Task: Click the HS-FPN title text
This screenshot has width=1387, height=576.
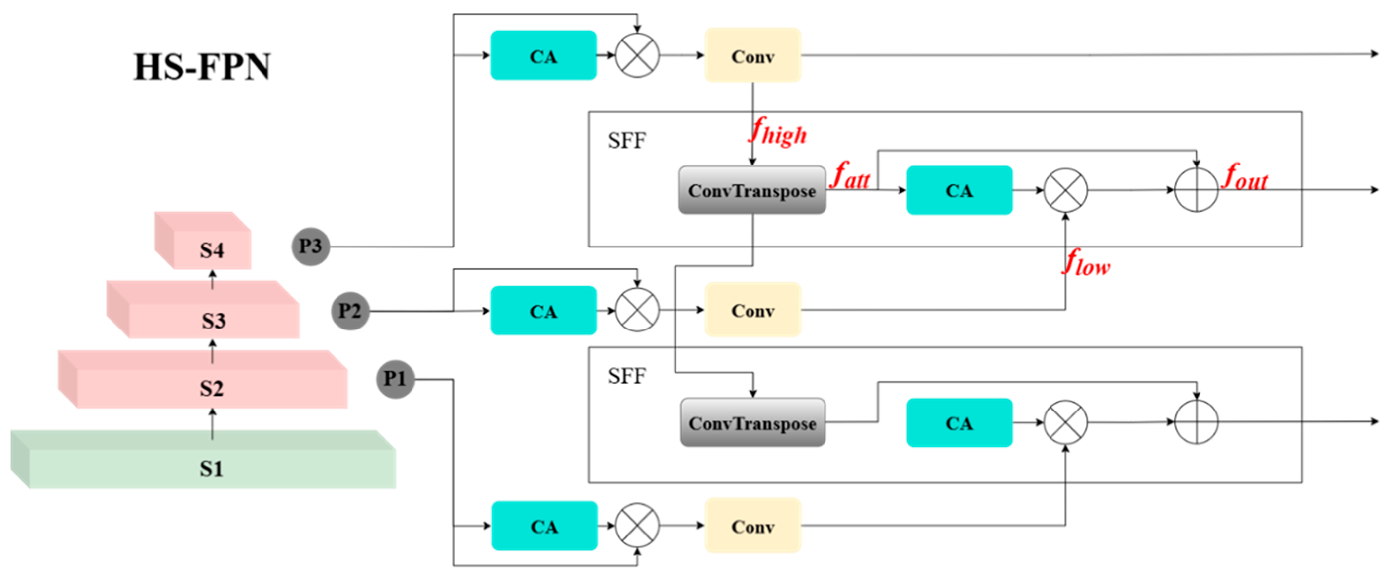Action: tap(202, 67)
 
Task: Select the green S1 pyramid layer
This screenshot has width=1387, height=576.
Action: tap(211, 468)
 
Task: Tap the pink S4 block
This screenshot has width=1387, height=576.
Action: tap(211, 249)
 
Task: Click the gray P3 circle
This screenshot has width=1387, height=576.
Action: tap(311, 246)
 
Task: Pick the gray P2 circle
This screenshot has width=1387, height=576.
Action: tap(350, 311)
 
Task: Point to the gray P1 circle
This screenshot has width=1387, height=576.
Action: tap(395, 379)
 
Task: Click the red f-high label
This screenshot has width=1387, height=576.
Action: tap(778, 132)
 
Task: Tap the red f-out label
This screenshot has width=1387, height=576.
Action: tap(1245, 177)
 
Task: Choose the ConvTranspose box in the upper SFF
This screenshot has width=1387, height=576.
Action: tap(751, 190)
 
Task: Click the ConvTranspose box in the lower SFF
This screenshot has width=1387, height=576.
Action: tap(752, 423)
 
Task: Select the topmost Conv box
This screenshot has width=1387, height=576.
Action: tap(752, 55)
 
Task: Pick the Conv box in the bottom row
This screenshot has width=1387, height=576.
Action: tap(752, 526)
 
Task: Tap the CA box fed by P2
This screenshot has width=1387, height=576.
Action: tap(543, 311)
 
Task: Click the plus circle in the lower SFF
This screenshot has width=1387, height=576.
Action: tap(1196, 422)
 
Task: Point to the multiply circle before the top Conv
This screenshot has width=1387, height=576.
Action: tap(637, 55)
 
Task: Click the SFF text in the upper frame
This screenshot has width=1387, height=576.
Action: tap(626, 141)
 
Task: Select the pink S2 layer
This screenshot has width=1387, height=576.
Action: tap(211, 387)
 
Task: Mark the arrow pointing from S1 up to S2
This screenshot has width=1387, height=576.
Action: tap(212, 423)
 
